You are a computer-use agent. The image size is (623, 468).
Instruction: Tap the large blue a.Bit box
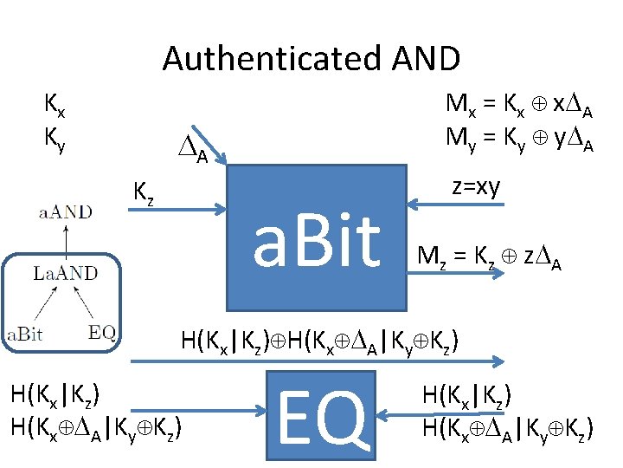click(316, 237)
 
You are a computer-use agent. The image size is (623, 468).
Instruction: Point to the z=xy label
click(476, 186)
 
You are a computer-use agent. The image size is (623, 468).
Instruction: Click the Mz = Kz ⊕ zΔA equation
click(490, 257)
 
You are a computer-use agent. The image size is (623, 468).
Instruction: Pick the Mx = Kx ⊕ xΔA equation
click(519, 106)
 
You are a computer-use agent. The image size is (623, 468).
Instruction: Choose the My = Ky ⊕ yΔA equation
click(519, 138)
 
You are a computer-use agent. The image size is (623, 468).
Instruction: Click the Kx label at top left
click(55, 106)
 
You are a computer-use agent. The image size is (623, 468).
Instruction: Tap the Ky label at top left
click(55, 138)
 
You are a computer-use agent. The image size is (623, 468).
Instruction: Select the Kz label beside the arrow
click(145, 190)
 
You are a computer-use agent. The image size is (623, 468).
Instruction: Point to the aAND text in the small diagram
click(64, 211)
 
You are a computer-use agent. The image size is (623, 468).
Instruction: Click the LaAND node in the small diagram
click(65, 274)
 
